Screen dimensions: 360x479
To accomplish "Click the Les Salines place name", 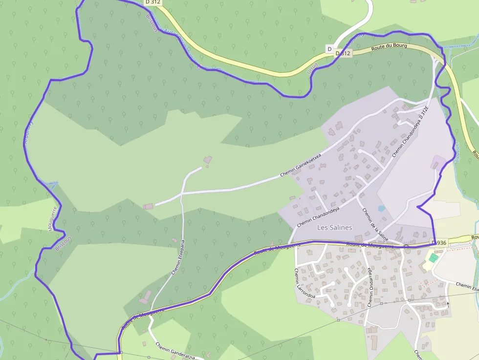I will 334,228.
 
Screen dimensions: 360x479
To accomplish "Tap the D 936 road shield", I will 439,243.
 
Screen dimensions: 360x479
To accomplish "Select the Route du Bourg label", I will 389,47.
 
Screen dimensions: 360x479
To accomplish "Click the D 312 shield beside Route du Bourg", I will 344,53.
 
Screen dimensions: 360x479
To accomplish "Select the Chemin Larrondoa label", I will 304,284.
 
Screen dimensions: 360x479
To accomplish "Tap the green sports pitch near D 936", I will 433,257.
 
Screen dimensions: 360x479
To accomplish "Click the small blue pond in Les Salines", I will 381,208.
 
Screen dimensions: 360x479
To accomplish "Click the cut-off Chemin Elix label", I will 467,286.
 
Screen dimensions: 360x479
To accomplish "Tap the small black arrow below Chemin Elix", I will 447,304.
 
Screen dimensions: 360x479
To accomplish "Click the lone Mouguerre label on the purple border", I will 53,218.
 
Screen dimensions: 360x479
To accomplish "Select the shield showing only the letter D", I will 329,49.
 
